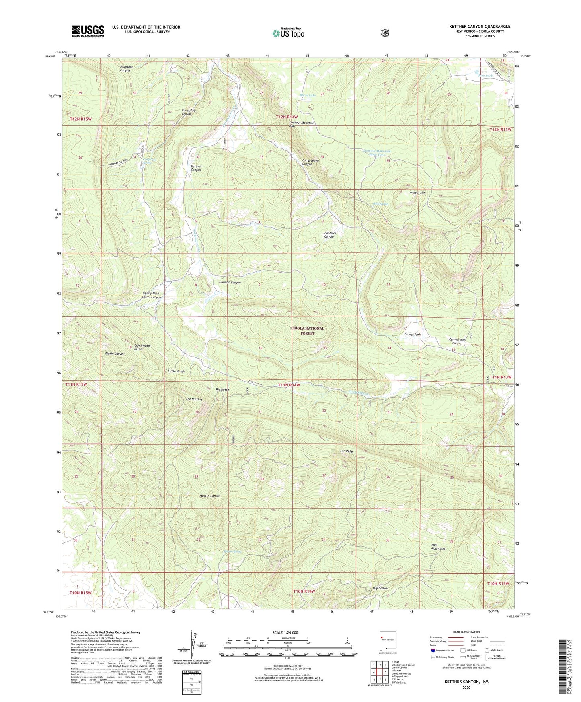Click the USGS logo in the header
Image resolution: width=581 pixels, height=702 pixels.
[x=88, y=31]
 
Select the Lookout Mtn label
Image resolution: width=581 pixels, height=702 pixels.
[x=417, y=193]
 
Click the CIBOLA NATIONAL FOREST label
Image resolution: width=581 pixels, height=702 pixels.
[x=308, y=330]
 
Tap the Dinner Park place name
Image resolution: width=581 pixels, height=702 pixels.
[x=413, y=335]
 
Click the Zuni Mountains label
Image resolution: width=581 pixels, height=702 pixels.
[x=438, y=547]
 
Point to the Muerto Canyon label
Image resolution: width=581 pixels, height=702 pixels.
[x=210, y=496]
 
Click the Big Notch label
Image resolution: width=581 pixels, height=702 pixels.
[x=222, y=390]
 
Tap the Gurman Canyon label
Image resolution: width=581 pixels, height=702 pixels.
[x=230, y=282]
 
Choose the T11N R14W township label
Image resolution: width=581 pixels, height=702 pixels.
[x=289, y=385]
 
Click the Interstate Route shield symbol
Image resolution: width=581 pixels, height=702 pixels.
[x=433, y=650]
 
